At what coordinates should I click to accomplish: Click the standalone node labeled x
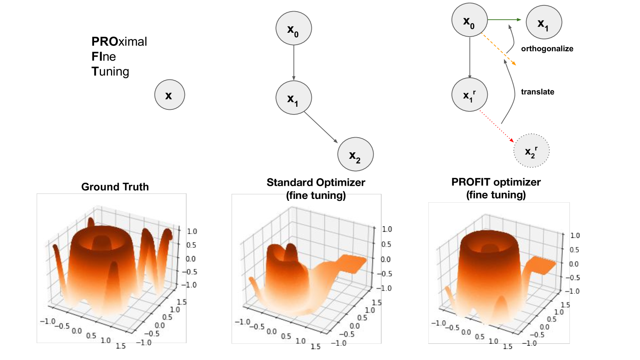[170, 95]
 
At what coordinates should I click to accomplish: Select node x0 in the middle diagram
[294, 28]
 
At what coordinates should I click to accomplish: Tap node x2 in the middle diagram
[355, 154]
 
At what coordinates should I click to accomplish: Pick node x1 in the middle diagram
[294, 98]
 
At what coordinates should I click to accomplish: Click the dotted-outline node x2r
[531, 151]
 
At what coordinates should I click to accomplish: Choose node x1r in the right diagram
[469, 95]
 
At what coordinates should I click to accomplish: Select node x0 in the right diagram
[469, 20]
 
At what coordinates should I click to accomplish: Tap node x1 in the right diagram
[544, 22]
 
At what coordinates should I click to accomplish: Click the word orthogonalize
[547, 49]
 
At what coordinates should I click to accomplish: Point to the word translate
[538, 92]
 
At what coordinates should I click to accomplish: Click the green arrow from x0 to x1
[504, 20]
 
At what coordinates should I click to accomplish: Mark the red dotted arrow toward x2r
[496, 126]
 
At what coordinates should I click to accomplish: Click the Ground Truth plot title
[115, 187]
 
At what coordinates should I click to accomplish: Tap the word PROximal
[119, 42]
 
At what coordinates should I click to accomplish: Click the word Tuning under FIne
[110, 72]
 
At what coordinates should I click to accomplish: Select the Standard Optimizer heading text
[316, 183]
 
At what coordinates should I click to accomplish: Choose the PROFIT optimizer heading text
[496, 182]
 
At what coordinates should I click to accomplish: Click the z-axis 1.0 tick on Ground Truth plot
[192, 231]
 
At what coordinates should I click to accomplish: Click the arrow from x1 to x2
[321, 128]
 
